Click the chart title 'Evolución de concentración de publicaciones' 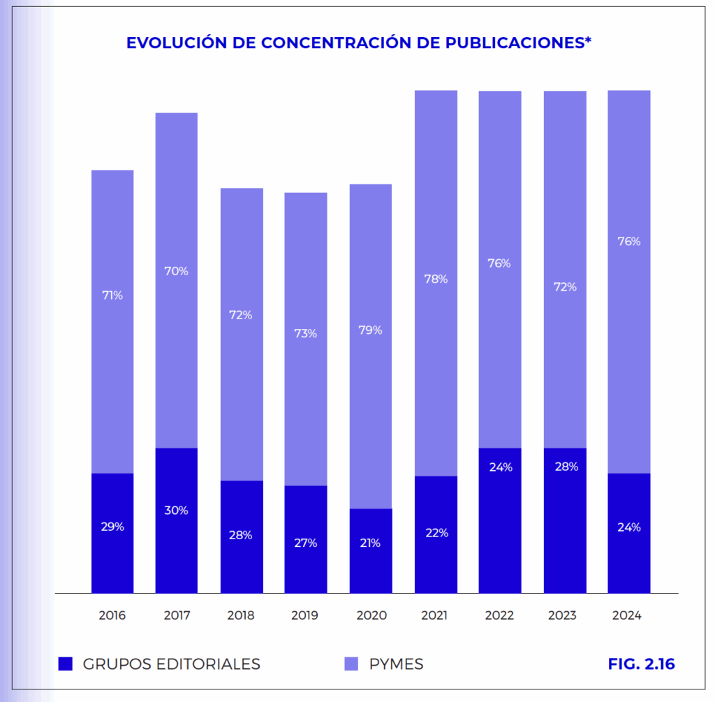(359, 43)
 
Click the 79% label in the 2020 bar (370, 330)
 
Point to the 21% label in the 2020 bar (370, 543)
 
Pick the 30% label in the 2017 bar (176, 510)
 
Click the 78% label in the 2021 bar (436, 279)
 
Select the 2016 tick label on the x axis (112, 615)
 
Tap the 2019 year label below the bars (305, 615)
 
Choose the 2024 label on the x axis (627, 615)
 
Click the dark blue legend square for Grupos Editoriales (66, 664)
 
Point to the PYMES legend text (396, 664)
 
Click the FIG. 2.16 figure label (641, 664)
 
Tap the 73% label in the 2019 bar (305, 333)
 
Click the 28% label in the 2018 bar (242, 535)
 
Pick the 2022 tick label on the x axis (500, 615)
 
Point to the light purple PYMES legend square (351, 664)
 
